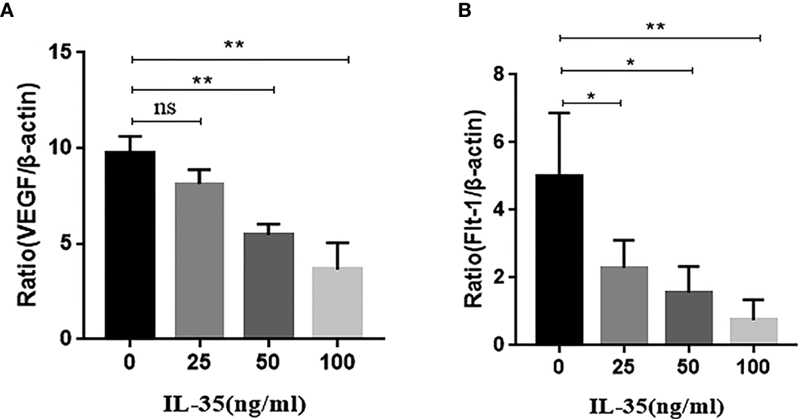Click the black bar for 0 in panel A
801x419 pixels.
[x=131, y=244]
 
